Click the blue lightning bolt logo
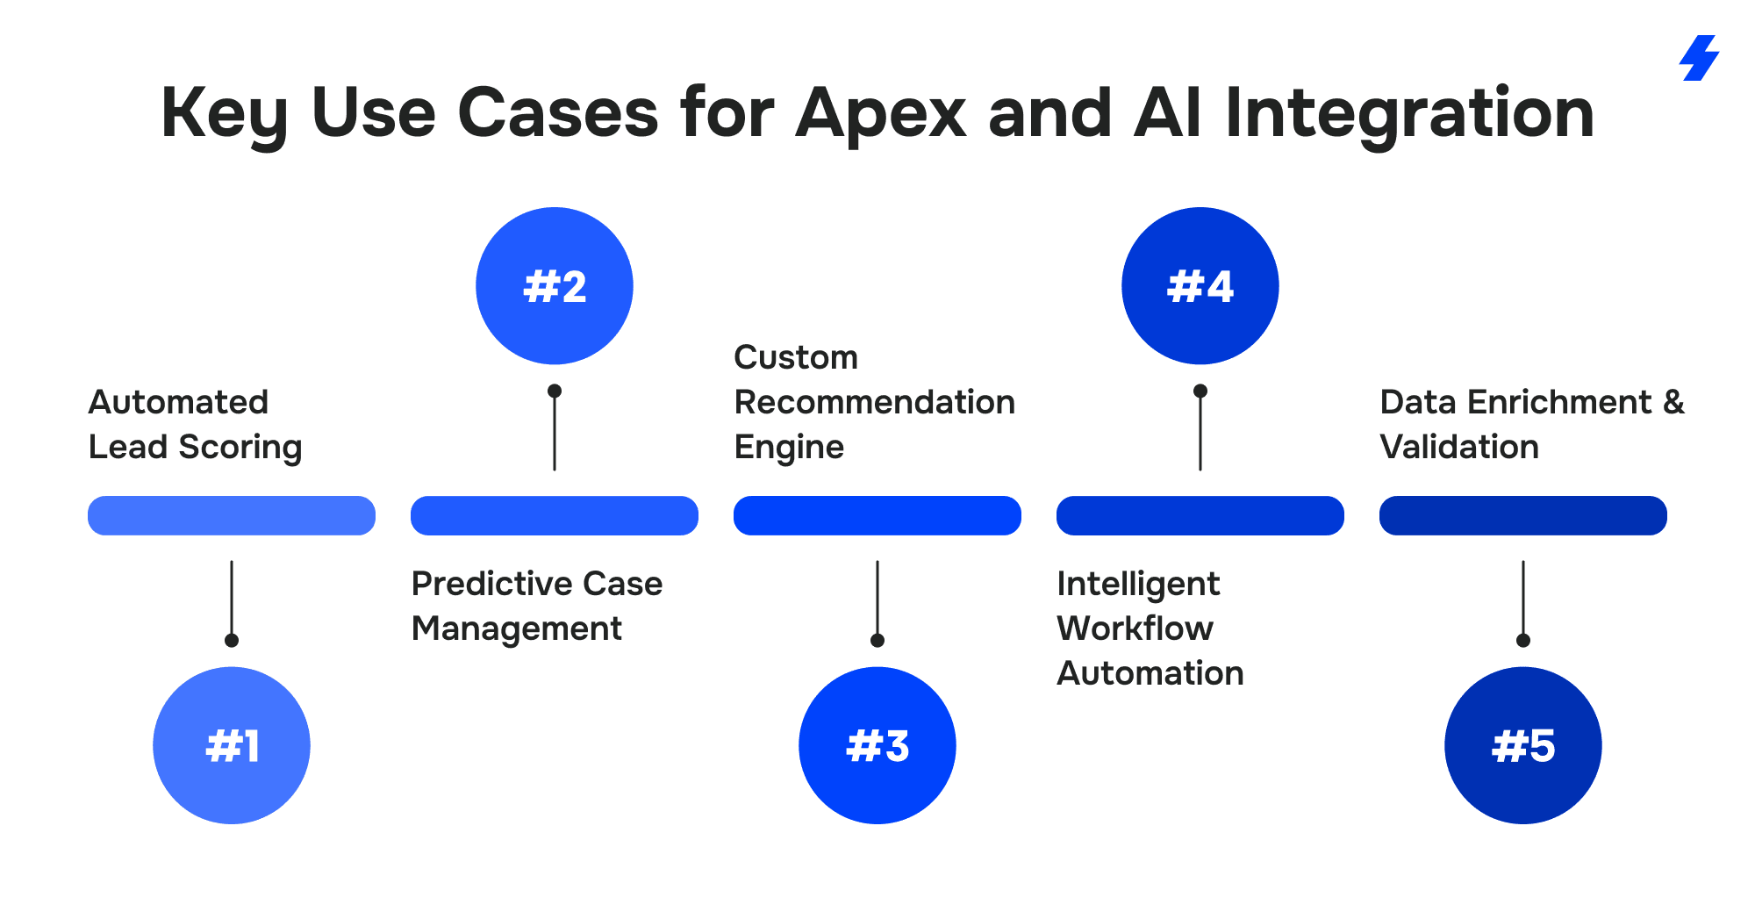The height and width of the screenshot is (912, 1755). tap(1700, 58)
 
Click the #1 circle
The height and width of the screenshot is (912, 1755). tap(232, 745)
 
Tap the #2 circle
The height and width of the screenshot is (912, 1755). tap(555, 286)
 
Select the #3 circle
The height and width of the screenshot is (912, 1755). tap(877, 745)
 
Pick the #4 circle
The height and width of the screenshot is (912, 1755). tap(1200, 286)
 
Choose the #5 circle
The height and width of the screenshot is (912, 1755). tap(1523, 745)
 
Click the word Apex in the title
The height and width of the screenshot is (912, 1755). tap(880, 114)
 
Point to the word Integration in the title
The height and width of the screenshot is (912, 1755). tap(1408, 114)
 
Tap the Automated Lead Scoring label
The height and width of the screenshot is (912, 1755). tap(195, 424)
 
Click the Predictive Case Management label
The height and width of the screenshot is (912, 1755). tap(536, 606)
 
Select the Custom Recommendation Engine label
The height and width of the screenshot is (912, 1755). tap(874, 402)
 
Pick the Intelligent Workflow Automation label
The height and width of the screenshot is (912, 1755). tap(1150, 628)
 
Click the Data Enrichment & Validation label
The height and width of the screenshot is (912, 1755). tap(1531, 424)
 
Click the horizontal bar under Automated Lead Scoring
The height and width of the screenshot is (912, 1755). tap(232, 515)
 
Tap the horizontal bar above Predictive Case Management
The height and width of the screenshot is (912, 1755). tap(555, 515)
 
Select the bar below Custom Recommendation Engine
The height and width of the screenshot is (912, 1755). tap(877, 515)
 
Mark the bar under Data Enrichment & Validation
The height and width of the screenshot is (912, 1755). tap(1523, 515)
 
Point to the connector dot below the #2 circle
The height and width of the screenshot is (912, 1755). tap(555, 391)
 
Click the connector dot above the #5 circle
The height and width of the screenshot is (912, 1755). tap(1523, 640)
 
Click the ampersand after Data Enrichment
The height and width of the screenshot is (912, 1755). tap(1673, 402)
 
